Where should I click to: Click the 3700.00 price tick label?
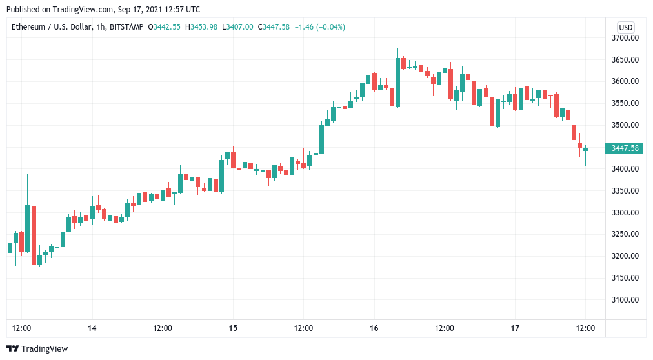[625, 38]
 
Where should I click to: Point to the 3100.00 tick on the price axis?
[625, 300]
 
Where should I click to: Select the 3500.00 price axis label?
[625, 125]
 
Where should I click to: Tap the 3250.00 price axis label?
[625, 234]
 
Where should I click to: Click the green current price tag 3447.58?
[625, 148]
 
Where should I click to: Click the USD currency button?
[625, 27]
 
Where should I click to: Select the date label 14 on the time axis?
[92, 328]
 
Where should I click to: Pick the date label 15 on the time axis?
[233, 328]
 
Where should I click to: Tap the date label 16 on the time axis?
[374, 328]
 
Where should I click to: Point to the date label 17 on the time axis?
[515, 328]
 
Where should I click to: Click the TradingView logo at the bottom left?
[39, 349]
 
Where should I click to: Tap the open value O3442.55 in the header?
[165, 27]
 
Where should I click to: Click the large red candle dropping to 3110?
[34, 235]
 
